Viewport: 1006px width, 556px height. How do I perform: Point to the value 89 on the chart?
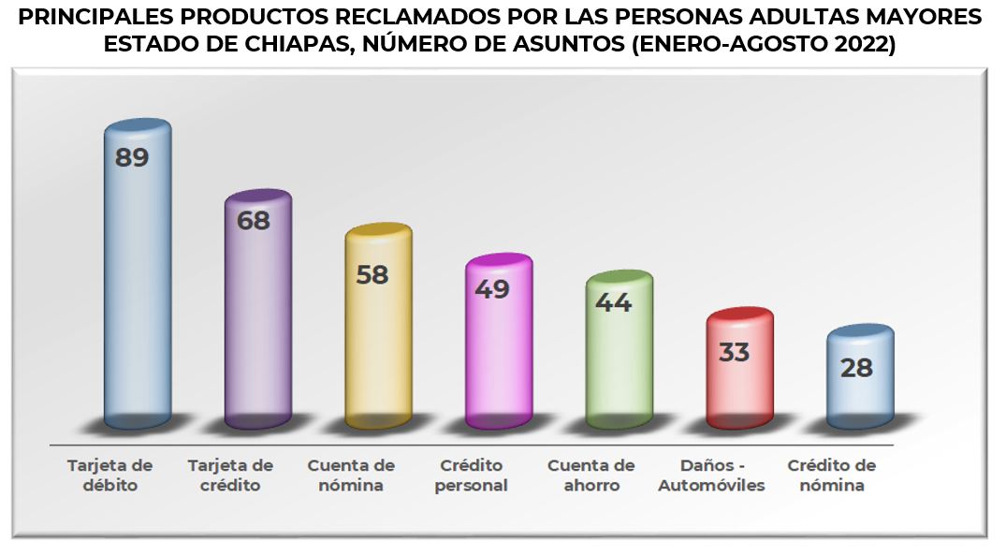(x=132, y=157)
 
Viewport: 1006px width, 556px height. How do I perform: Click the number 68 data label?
(x=253, y=222)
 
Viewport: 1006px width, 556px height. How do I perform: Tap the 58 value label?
(x=372, y=275)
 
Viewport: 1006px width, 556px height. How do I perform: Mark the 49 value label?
(x=492, y=288)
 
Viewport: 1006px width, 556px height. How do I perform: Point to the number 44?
(x=613, y=302)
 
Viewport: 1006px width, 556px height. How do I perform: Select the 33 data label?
(x=735, y=353)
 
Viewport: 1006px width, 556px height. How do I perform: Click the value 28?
(x=856, y=368)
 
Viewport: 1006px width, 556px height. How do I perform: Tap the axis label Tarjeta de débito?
(x=110, y=476)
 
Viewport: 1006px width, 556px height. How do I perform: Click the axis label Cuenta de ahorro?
(x=591, y=476)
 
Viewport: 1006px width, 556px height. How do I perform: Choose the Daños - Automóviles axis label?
(x=711, y=476)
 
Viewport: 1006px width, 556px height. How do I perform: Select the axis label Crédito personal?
(x=472, y=476)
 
